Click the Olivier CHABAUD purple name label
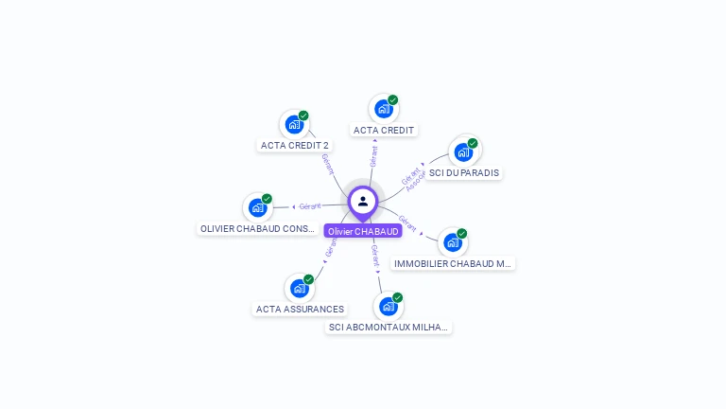point(363,231)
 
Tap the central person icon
point(363,201)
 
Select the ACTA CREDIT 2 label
point(295,146)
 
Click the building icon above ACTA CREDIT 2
point(294,124)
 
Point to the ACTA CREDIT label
point(384,130)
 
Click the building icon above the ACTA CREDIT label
point(383,108)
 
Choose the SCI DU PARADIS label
point(464,173)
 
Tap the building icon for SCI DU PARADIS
point(463,151)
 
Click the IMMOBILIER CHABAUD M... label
point(453,264)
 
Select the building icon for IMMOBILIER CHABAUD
point(453,242)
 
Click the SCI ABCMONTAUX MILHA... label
point(388,328)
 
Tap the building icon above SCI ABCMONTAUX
point(388,306)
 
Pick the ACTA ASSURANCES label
point(300,310)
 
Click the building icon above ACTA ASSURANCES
point(300,288)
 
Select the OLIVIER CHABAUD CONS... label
point(258,229)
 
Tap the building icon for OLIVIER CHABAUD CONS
point(257,207)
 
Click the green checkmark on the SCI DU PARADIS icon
point(473,143)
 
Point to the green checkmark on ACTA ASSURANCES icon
point(308,279)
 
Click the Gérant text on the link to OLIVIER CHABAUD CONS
point(310,206)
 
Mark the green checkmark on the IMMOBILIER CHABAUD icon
point(461,234)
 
